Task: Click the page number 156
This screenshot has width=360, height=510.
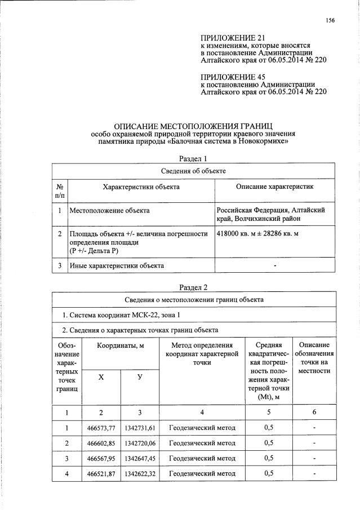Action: (x=330, y=21)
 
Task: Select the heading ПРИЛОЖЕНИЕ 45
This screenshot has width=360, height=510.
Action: (x=232, y=76)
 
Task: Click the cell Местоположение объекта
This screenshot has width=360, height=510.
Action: (x=109, y=210)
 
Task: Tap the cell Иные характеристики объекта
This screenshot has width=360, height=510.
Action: (x=117, y=265)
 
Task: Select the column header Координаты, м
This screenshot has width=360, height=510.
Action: (x=119, y=345)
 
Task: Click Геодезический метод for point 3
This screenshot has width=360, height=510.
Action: (x=202, y=458)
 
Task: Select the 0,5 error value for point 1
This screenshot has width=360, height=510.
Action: (x=269, y=427)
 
